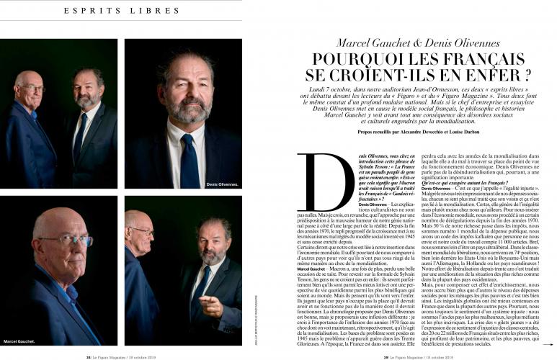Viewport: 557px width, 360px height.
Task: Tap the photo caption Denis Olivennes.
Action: (221, 184)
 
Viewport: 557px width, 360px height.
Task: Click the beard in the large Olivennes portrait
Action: (190, 108)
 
